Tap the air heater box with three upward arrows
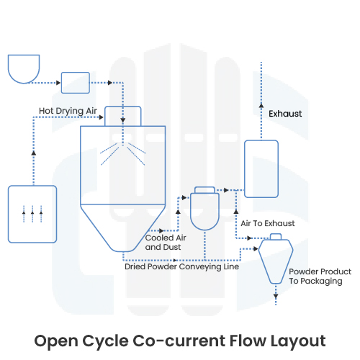point(32,213)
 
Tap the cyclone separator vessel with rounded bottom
point(206,212)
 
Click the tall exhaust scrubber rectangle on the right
point(261,168)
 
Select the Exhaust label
point(285,114)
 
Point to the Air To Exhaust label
point(267,223)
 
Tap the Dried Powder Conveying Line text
point(182,266)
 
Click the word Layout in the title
point(296,339)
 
